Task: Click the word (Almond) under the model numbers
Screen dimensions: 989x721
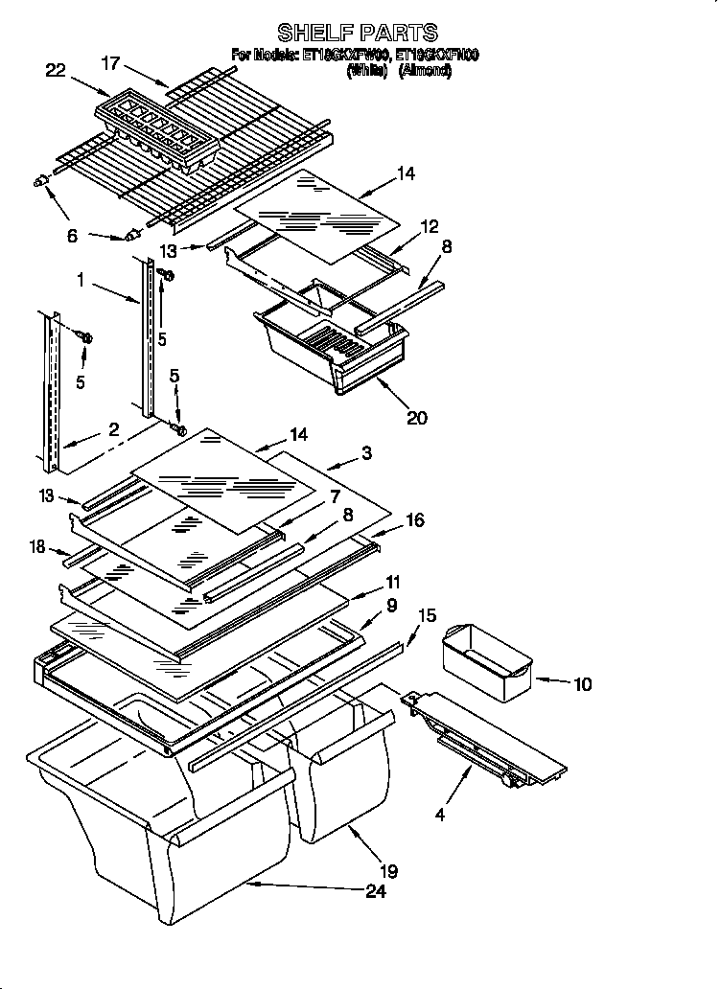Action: [x=424, y=71]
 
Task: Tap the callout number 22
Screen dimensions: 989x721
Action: [x=58, y=69]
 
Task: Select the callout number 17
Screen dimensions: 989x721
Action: [x=112, y=64]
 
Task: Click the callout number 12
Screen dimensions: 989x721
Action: [x=430, y=227]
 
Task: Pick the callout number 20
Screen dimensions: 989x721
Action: [x=416, y=417]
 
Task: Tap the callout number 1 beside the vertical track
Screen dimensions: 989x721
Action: [x=83, y=280]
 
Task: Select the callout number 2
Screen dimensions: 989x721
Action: [x=113, y=430]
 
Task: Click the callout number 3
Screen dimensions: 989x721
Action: [x=366, y=452]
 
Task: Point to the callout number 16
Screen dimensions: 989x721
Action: [x=415, y=520]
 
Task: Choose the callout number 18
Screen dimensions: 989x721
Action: [x=37, y=546]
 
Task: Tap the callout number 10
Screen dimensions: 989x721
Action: [x=582, y=684]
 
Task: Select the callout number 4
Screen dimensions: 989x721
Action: [x=439, y=816]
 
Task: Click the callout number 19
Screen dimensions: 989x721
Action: [x=387, y=871]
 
